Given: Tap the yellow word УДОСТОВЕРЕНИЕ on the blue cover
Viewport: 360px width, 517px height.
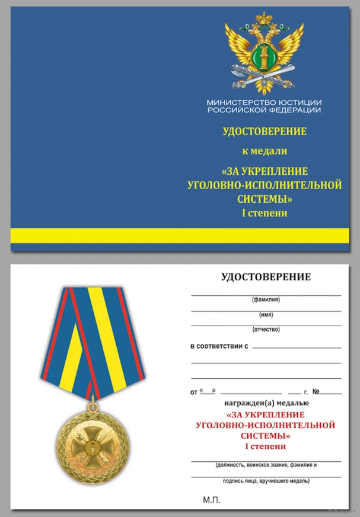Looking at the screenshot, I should pyautogui.click(x=265, y=131).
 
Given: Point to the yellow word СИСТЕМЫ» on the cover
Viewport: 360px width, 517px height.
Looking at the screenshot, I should pyautogui.click(x=265, y=199).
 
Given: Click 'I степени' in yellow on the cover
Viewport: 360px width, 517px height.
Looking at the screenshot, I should pyautogui.click(x=265, y=213).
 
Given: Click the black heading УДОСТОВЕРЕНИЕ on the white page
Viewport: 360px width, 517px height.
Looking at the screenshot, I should pyautogui.click(x=266, y=276).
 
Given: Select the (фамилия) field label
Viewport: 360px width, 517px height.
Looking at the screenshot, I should pyautogui.click(x=266, y=300).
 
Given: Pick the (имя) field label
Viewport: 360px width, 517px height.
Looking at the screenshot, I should pyautogui.click(x=266, y=314).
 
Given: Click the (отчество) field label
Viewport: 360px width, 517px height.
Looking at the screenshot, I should pyautogui.click(x=266, y=329).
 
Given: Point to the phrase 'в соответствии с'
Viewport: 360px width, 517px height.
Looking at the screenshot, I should pyautogui.click(x=218, y=345).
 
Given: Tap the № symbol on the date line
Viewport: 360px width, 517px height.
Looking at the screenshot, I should pyautogui.click(x=316, y=392).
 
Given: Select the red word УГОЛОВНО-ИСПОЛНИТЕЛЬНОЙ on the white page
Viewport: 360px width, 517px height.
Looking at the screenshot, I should pyautogui.click(x=265, y=425).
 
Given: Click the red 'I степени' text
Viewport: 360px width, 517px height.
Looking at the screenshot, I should pyautogui.click(x=265, y=446).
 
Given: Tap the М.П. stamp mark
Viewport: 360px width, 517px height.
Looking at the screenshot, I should pyautogui.click(x=211, y=501).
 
